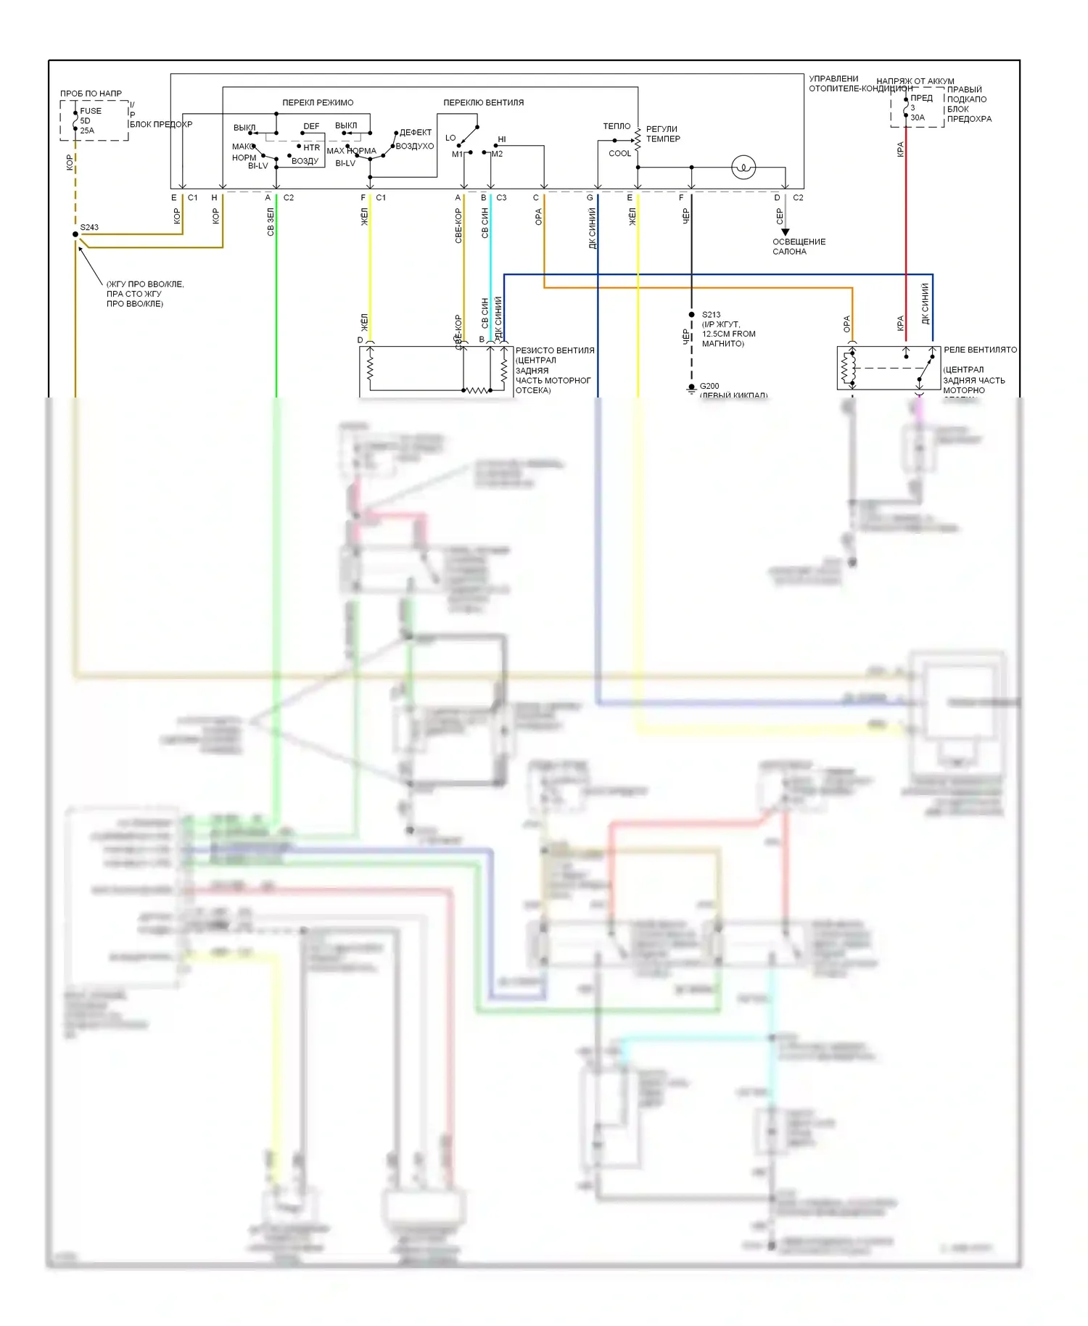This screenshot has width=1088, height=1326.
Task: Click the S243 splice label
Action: (x=89, y=227)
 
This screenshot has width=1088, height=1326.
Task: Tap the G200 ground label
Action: (x=709, y=386)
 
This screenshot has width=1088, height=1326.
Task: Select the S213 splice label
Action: (x=711, y=315)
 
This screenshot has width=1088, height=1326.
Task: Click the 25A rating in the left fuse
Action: (x=87, y=131)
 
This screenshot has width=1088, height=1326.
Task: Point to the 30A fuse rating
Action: (x=918, y=118)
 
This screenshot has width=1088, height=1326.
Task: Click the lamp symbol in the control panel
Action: (x=743, y=168)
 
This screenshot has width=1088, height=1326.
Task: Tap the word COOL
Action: (x=619, y=154)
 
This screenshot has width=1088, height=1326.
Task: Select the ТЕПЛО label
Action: (x=617, y=126)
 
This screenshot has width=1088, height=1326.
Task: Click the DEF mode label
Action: (x=311, y=126)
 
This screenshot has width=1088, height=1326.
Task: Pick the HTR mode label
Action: (x=312, y=147)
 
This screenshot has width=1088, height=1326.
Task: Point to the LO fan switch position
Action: (x=450, y=138)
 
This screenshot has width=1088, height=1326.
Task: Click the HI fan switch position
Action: (x=502, y=139)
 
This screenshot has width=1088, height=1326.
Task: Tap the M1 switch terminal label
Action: (x=457, y=155)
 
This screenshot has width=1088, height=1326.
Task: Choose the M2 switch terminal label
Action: (x=497, y=155)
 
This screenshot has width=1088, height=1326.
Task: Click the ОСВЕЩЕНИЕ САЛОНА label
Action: (x=799, y=247)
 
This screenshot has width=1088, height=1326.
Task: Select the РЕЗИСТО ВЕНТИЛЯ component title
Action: (x=555, y=350)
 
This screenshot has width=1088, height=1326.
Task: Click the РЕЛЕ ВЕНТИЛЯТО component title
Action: (x=980, y=350)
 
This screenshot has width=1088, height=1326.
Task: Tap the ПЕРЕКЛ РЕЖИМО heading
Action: (x=318, y=102)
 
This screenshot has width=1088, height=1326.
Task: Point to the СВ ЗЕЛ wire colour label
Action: (x=271, y=222)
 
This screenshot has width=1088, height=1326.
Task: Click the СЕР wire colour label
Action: (x=780, y=216)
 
